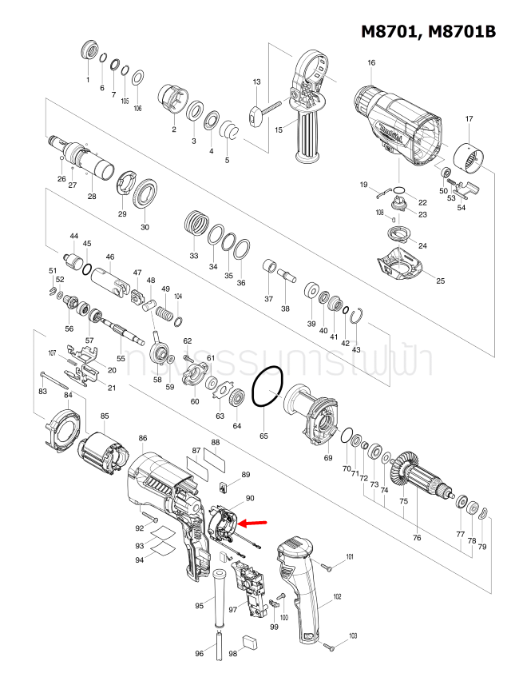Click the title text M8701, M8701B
click(x=428, y=31)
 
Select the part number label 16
click(x=371, y=63)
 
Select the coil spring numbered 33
click(x=194, y=221)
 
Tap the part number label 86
click(x=142, y=438)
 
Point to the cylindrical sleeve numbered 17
click(x=469, y=156)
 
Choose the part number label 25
click(x=440, y=281)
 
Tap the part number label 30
click(x=145, y=227)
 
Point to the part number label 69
click(x=327, y=458)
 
